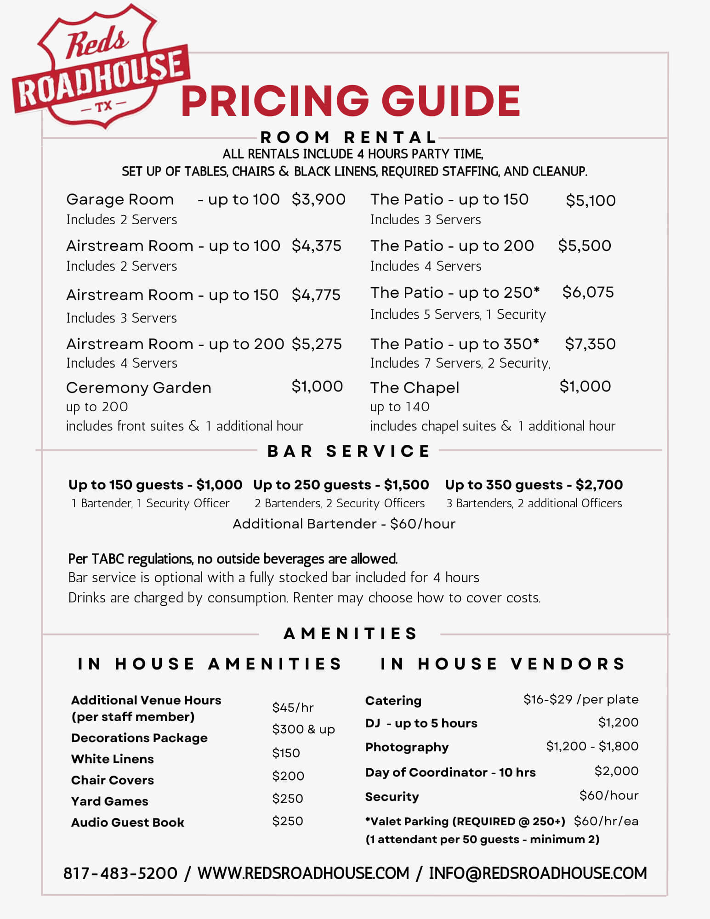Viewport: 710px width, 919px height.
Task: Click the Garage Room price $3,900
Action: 318,199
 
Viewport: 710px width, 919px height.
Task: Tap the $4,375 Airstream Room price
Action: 317,246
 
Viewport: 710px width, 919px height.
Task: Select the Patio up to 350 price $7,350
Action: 590,344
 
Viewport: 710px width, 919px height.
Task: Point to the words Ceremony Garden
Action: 139,388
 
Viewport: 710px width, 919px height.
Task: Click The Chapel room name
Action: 415,388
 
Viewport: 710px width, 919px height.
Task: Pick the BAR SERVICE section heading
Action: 349,451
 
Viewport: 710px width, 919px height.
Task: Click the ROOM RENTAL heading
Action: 349,137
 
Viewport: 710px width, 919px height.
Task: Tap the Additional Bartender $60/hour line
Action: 344,524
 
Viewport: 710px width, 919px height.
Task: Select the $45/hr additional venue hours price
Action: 293,707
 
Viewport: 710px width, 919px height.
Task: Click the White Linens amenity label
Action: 113,759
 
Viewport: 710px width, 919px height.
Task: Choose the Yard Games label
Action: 110,801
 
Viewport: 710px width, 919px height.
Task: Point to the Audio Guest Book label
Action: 128,822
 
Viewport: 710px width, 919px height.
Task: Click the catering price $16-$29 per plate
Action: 581,699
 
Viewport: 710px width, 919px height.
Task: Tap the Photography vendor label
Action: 407,747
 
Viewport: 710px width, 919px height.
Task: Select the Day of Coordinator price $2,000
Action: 616,771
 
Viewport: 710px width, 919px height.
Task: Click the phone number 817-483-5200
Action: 120,873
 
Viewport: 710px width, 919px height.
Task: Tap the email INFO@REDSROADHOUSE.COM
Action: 538,873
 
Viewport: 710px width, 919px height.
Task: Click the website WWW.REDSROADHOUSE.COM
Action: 303,873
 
